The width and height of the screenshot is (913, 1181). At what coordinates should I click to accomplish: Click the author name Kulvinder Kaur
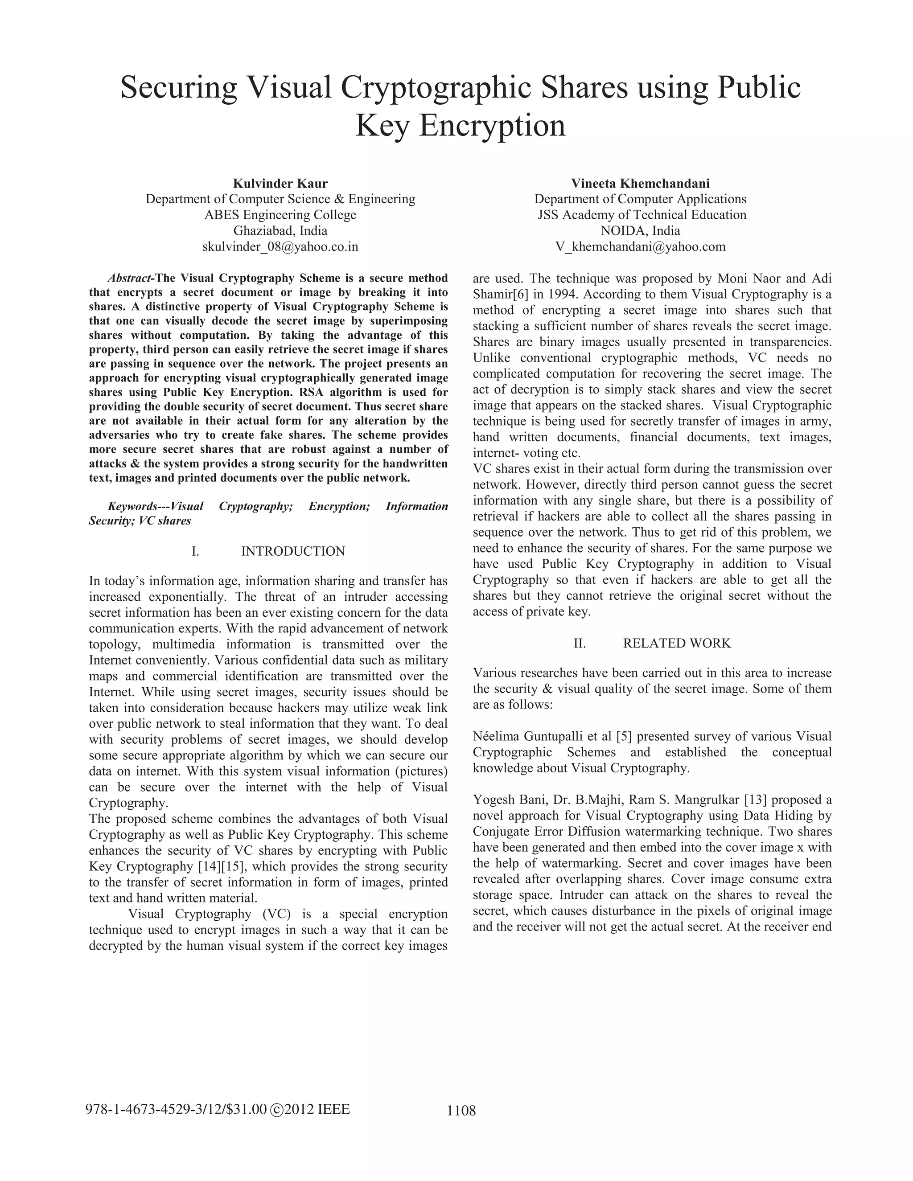[x=280, y=183]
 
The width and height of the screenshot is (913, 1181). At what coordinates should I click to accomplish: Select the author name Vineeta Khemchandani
[x=641, y=183]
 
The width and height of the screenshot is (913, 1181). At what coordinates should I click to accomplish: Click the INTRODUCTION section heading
[x=292, y=552]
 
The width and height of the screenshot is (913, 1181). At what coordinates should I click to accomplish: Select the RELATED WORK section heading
[x=676, y=644]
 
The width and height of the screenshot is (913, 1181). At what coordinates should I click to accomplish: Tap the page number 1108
[x=461, y=1111]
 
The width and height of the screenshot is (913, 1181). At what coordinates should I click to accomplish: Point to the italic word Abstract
[x=130, y=279]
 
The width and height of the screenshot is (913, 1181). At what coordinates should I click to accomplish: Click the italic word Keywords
[x=132, y=507]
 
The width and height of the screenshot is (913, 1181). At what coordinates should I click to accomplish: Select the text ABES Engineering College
[x=280, y=215]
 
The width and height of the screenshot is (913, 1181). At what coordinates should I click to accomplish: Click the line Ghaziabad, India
[x=280, y=231]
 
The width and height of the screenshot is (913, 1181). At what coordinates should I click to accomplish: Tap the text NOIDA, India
[x=641, y=231]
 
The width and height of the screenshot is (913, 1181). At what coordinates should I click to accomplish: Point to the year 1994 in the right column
[x=563, y=295]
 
